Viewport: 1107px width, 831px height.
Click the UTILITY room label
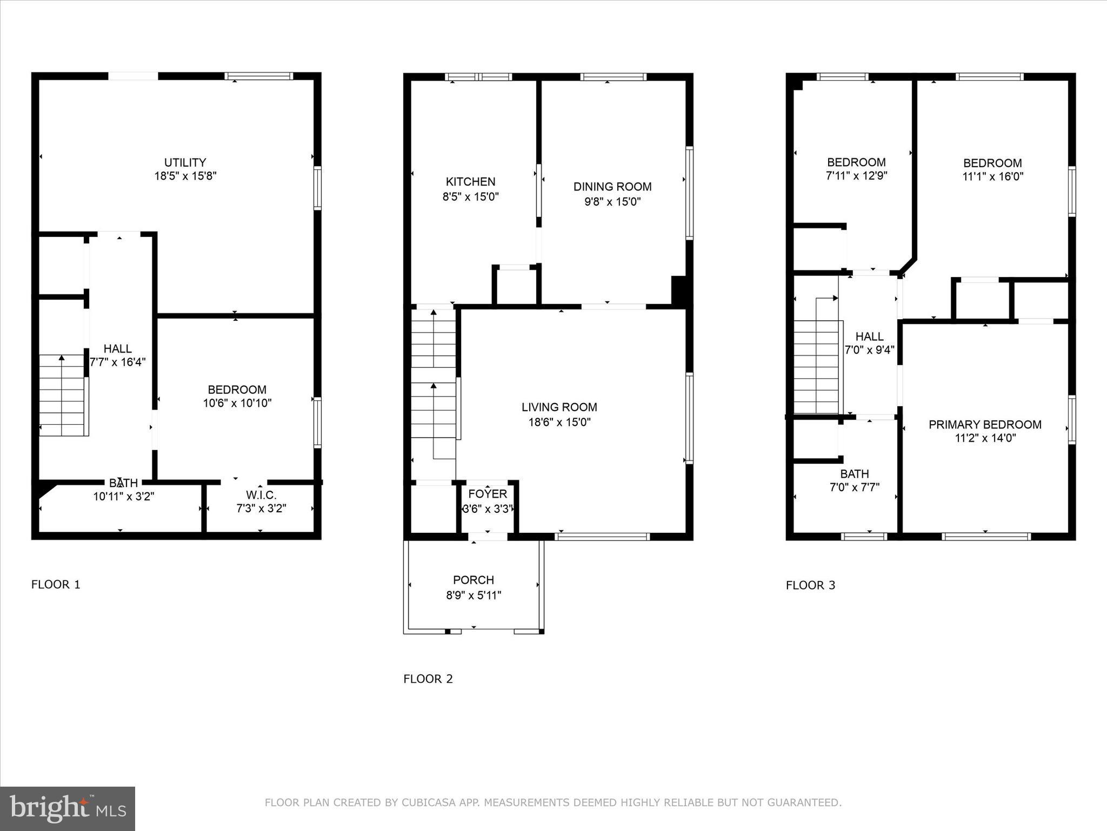pyautogui.click(x=185, y=162)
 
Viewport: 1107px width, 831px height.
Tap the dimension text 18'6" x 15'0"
pyautogui.click(x=559, y=422)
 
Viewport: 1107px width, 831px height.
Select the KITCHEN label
pyautogui.click(x=470, y=182)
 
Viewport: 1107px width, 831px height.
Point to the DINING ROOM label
pyautogui.click(x=612, y=187)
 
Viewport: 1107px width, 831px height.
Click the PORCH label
pyautogui.click(x=474, y=580)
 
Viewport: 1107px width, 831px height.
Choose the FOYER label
pyautogui.click(x=488, y=494)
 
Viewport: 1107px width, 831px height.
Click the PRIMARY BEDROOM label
pyautogui.click(x=985, y=425)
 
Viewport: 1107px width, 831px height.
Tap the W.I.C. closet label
pyautogui.click(x=261, y=495)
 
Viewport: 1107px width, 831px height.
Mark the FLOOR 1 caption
pyautogui.click(x=56, y=584)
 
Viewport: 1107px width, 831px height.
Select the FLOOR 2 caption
pyautogui.click(x=428, y=679)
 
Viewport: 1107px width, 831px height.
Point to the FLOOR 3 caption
pyautogui.click(x=810, y=585)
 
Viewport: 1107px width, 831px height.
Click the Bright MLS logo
pyautogui.click(x=68, y=808)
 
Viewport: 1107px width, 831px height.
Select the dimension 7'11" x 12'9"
pyautogui.click(x=856, y=176)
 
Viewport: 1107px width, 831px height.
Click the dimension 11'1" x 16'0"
pyautogui.click(x=992, y=176)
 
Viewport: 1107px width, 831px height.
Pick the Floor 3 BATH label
pyautogui.click(x=854, y=474)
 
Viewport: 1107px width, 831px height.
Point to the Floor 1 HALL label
pyautogui.click(x=117, y=349)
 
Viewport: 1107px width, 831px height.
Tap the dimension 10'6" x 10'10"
pyautogui.click(x=237, y=403)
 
